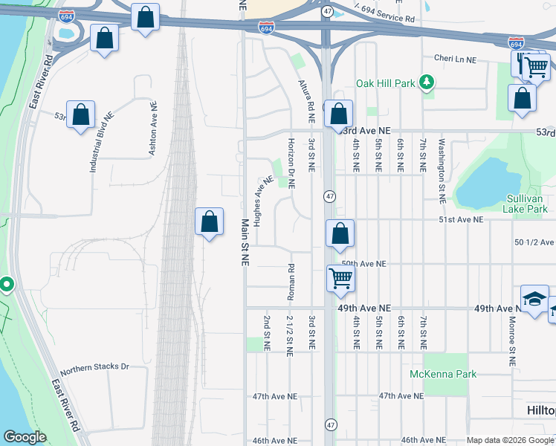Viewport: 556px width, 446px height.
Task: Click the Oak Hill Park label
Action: [x=385, y=83]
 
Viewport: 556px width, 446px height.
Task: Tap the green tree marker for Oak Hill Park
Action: [x=427, y=82]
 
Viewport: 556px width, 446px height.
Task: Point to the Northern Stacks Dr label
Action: [x=94, y=367]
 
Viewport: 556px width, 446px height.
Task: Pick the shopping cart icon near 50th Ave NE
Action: [x=340, y=279]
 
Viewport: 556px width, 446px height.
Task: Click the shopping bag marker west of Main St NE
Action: [x=210, y=221]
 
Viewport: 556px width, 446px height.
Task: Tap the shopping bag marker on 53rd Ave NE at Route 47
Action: [x=339, y=114]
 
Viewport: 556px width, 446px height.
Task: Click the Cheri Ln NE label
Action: [x=455, y=58]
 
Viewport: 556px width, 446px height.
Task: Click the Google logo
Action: [x=25, y=437]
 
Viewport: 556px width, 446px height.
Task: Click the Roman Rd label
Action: [x=291, y=282]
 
